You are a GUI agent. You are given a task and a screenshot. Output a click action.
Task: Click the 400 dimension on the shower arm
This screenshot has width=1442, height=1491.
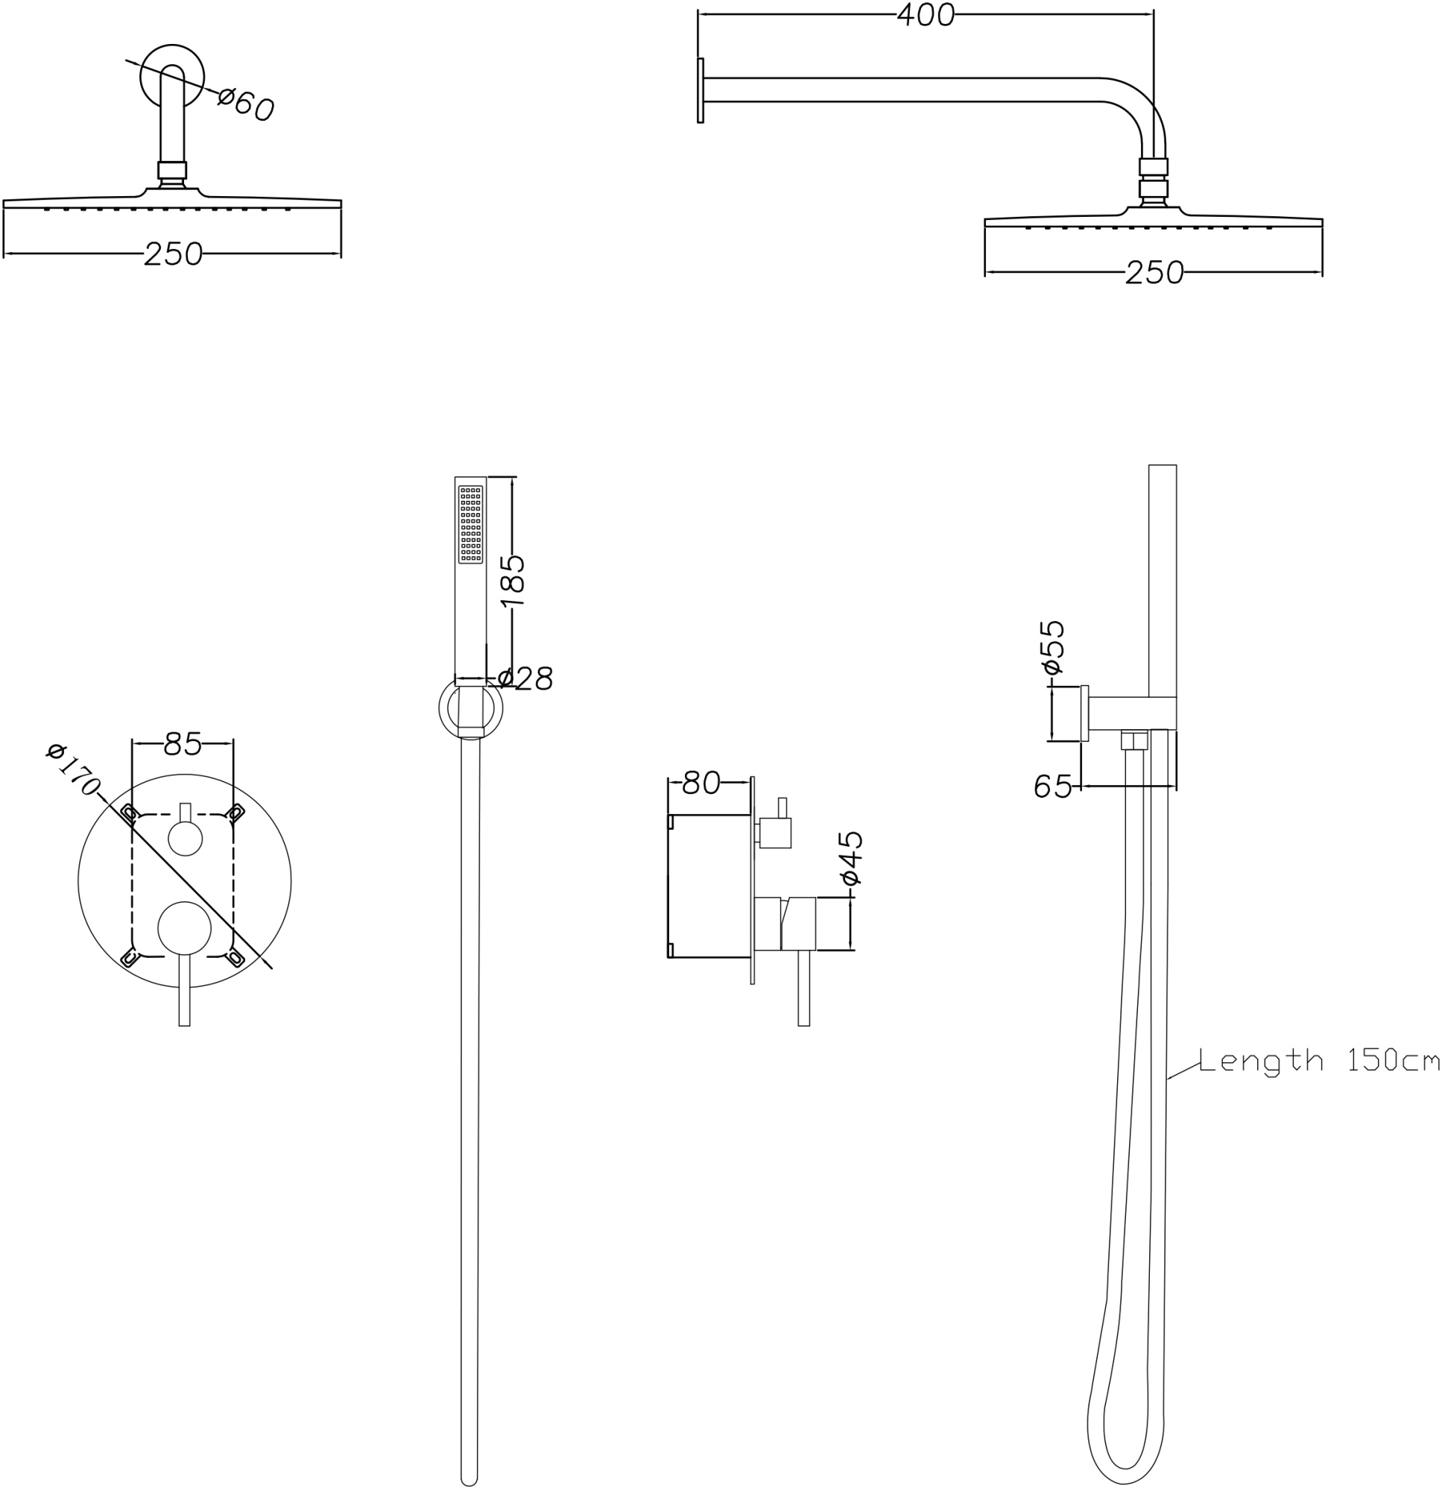pyautogui.click(x=925, y=15)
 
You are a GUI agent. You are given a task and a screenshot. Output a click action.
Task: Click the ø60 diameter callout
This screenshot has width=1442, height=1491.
pyautogui.click(x=246, y=104)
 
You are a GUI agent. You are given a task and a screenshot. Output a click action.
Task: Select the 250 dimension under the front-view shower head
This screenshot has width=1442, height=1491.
pyautogui.click(x=174, y=254)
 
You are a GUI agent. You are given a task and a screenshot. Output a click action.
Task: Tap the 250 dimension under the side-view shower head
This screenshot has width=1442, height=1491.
pyautogui.click(x=1154, y=272)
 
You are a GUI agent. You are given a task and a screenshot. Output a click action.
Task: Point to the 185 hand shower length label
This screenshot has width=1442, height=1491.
pyautogui.click(x=513, y=581)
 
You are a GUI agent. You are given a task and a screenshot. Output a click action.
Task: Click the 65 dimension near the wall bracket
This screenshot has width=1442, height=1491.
pyautogui.click(x=1052, y=787)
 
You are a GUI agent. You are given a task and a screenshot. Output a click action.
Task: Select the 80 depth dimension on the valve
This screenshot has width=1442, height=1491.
pyautogui.click(x=701, y=782)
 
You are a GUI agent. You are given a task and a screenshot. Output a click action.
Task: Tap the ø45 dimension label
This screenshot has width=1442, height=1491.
pyautogui.click(x=852, y=858)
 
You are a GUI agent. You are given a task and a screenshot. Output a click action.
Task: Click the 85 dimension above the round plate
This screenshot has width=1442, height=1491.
pyautogui.click(x=183, y=744)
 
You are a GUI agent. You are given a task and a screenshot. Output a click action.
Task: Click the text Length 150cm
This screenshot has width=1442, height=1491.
pyautogui.click(x=1318, y=1059)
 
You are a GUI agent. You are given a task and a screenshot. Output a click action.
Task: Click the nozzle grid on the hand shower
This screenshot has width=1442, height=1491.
pyautogui.click(x=470, y=524)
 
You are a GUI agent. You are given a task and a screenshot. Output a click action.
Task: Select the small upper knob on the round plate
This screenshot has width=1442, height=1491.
pyautogui.click(x=185, y=840)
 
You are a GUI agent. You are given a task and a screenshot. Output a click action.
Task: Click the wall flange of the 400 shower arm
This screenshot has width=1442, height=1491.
pyautogui.click(x=700, y=89)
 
